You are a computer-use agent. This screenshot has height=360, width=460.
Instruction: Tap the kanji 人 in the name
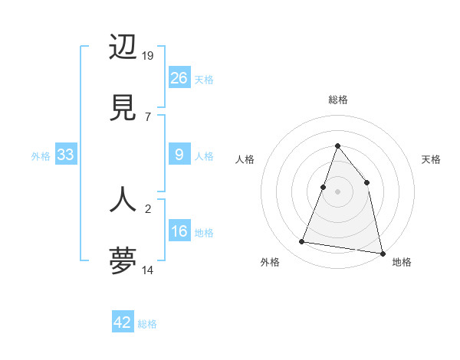point(123,198)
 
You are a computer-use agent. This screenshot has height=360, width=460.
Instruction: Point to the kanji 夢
point(123,260)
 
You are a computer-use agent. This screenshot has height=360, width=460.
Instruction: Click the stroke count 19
point(149,55)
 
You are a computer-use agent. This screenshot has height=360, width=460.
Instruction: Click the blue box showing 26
point(179,77)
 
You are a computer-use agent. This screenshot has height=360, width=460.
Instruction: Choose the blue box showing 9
point(179,155)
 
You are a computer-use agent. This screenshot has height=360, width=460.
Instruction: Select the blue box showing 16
point(179,231)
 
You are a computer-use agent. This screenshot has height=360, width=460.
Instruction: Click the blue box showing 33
point(66,155)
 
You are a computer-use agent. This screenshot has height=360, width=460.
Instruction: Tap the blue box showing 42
point(123,322)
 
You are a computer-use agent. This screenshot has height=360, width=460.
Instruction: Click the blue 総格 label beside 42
point(147,324)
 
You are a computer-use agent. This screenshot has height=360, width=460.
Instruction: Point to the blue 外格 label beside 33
point(41,156)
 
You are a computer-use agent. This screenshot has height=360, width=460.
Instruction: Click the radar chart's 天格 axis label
point(431,159)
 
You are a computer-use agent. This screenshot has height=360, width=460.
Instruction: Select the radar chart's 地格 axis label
point(402,262)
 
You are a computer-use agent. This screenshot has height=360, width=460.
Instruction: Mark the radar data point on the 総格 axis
point(337,146)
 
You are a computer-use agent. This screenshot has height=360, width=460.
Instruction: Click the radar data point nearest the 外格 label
point(302,242)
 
